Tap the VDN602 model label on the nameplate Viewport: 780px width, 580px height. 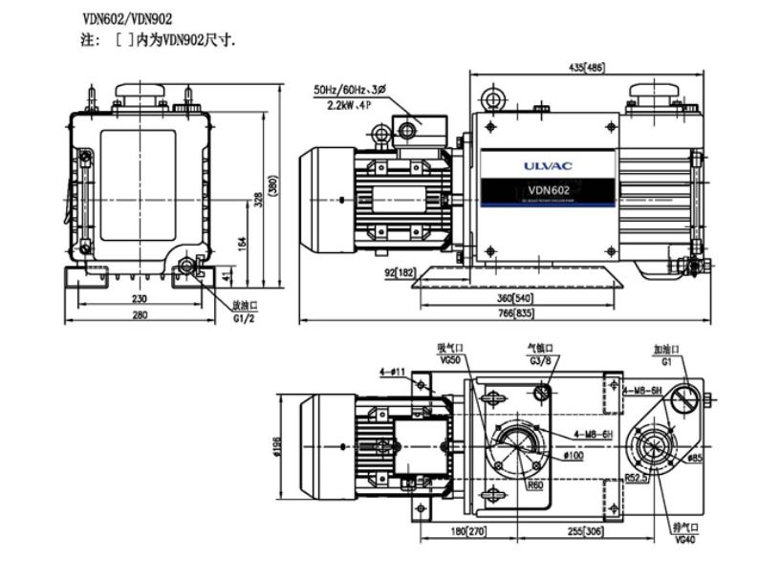click(x=549, y=188)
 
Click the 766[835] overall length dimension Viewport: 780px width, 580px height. click(x=514, y=313)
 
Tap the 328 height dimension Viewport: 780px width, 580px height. click(x=257, y=199)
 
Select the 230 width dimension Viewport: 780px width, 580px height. click(x=139, y=298)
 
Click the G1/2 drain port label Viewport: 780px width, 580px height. click(x=246, y=318)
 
